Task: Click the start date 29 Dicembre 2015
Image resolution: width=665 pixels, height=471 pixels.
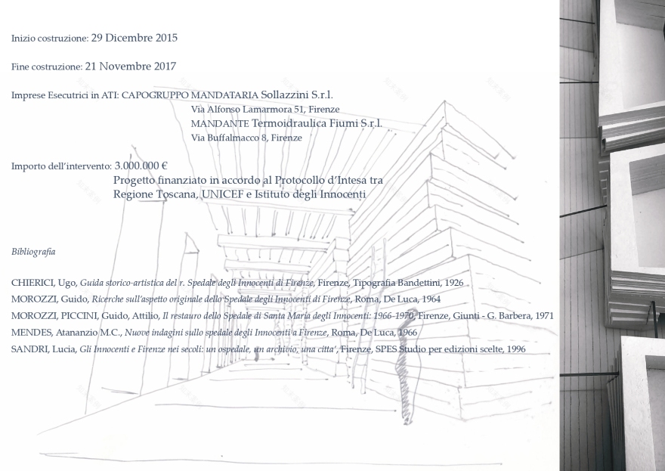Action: (134, 38)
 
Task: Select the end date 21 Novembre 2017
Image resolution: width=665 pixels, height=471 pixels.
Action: (131, 67)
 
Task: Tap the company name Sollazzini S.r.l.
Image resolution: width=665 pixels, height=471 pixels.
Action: (296, 95)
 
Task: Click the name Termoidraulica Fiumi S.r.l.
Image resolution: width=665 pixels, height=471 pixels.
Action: (317, 123)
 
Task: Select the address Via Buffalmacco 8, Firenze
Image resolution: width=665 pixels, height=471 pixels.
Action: (246, 138)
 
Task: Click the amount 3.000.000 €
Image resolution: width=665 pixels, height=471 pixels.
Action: (141, 166)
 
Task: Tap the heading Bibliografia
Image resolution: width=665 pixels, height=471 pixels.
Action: (33, 252)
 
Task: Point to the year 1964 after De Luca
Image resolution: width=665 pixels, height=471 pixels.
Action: (431, 299)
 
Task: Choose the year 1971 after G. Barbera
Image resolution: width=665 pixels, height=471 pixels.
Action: (544, 316)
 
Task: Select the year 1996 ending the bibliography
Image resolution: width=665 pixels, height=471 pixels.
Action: (516, 349)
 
